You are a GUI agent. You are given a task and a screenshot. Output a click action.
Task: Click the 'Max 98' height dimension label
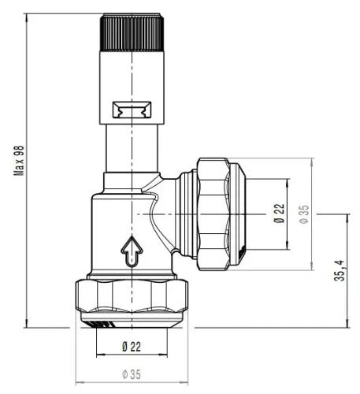click(20, 161)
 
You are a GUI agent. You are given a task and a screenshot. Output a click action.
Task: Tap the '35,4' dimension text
click(340, 270)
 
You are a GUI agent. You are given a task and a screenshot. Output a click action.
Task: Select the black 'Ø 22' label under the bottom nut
click(132, 347)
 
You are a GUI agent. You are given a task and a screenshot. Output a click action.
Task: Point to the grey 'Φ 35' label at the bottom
click(132, 374)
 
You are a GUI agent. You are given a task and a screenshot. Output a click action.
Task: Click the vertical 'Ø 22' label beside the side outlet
click(279, 214)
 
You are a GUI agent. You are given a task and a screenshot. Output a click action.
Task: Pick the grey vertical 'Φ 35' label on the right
click(304, 214)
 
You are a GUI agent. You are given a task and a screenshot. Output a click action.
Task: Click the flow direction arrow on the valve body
click(132, 251)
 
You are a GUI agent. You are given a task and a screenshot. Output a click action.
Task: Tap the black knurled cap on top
click(132, 32)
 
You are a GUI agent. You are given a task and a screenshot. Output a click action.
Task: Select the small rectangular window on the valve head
click(132, 110)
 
